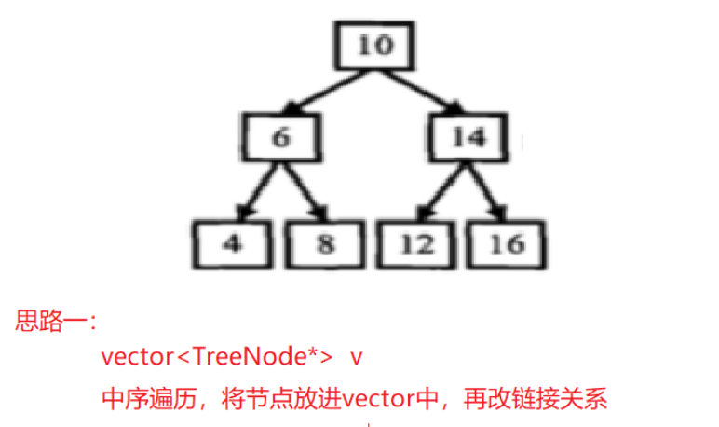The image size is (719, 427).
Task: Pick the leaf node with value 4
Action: pos(234,243)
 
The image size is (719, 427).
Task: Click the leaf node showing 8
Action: pos(323,243)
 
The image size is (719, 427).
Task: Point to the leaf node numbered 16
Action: pos(506,243)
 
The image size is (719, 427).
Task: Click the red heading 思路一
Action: pos(56,324)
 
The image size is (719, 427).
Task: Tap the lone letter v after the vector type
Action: pos(357,357)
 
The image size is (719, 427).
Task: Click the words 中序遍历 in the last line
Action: pos(146,400)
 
